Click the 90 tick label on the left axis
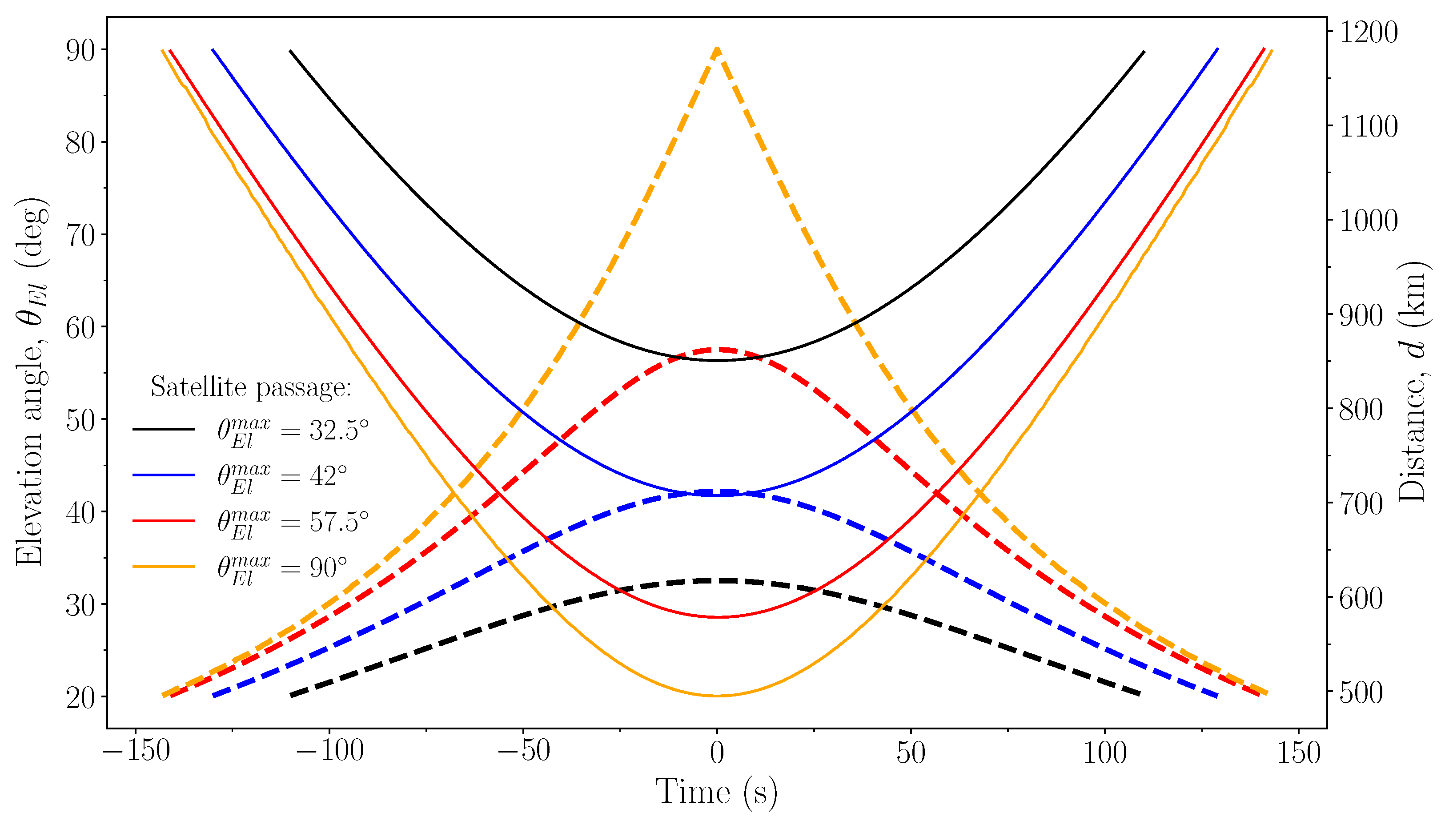click(80, 51)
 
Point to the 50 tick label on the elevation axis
click(80, 420)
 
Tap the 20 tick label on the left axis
click(80, 697)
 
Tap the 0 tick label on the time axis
click(717, 752)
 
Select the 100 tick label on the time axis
click(1104, 752)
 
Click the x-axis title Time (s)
click(717, 791)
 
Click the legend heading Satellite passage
click(251, 387)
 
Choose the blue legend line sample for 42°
click(163, 475)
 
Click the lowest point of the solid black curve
click(717, 360)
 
